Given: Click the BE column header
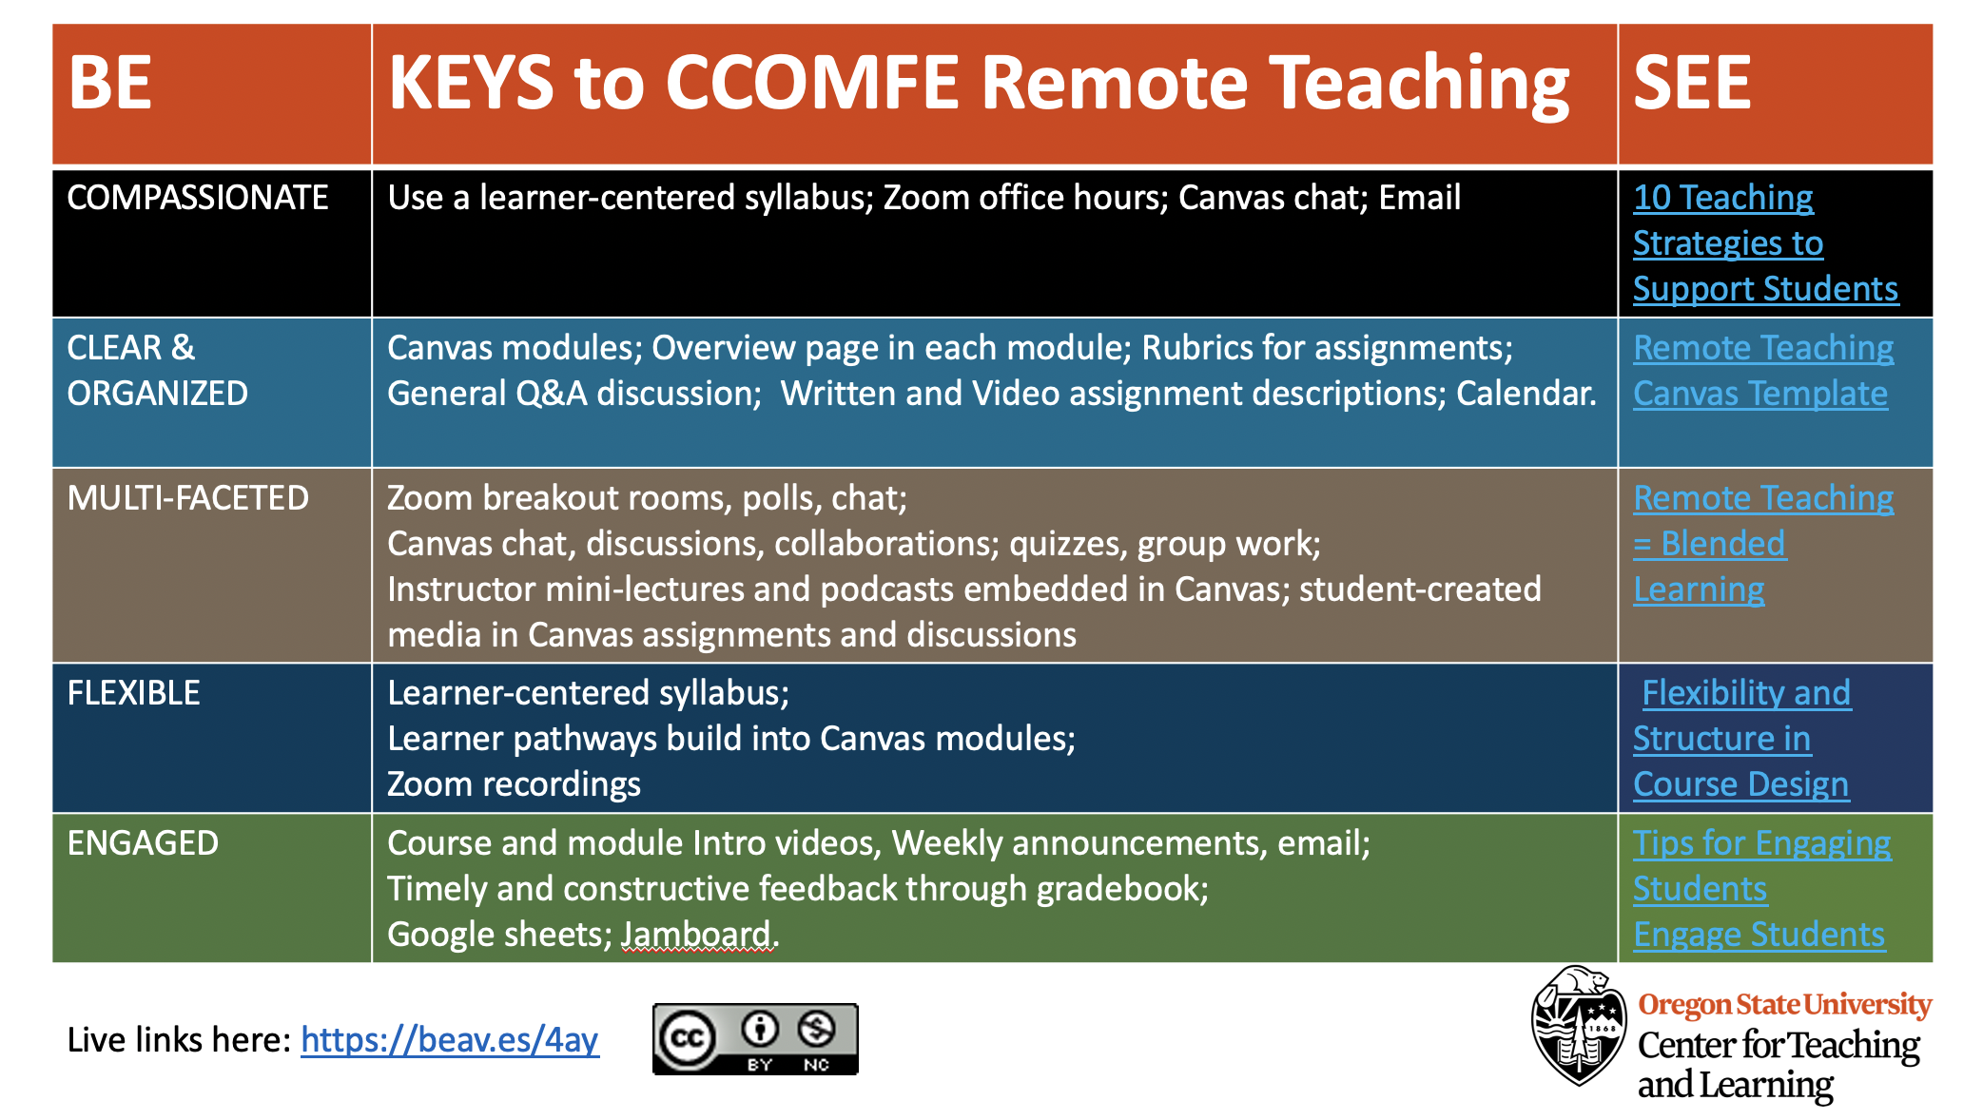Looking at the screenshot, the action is point(110,83).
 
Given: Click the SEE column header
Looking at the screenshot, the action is point(1692,83).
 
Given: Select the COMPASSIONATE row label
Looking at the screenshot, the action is point(198,198).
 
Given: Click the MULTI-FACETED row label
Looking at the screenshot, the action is point(188,498).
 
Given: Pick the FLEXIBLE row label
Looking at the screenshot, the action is point(134,693).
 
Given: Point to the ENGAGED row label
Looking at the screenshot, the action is point(144,843).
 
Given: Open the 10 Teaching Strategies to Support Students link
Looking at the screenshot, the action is point(1766,243).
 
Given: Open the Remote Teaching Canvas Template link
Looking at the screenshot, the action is point(1763,371).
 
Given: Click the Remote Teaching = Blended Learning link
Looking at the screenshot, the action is point(1763,544).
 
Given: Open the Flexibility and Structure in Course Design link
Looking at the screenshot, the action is point(1742,739).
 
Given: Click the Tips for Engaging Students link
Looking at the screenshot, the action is point(1762,866).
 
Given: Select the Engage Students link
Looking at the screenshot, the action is point(1759,935).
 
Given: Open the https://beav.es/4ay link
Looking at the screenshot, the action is point(450,1040).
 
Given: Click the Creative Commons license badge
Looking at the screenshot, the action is point(755,1039).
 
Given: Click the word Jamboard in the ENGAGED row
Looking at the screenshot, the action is point(696,935).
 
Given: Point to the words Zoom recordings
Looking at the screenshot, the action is point(515,784).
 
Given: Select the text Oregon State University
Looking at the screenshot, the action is point(1784,1005).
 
